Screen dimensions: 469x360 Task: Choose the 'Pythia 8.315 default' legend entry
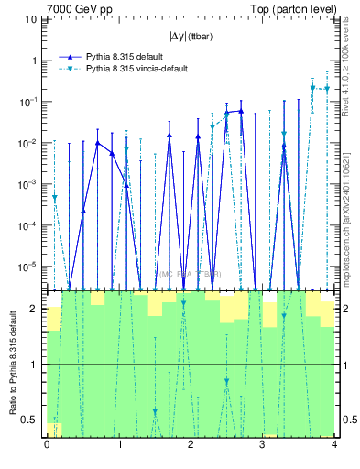[x=128, y=57]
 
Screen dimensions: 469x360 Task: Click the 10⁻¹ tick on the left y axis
[x=30, y=102]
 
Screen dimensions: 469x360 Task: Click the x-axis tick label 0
[x=47, y=444]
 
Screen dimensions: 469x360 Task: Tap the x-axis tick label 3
[x=262, y=444]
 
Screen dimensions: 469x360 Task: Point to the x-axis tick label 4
[x=333, y=444]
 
